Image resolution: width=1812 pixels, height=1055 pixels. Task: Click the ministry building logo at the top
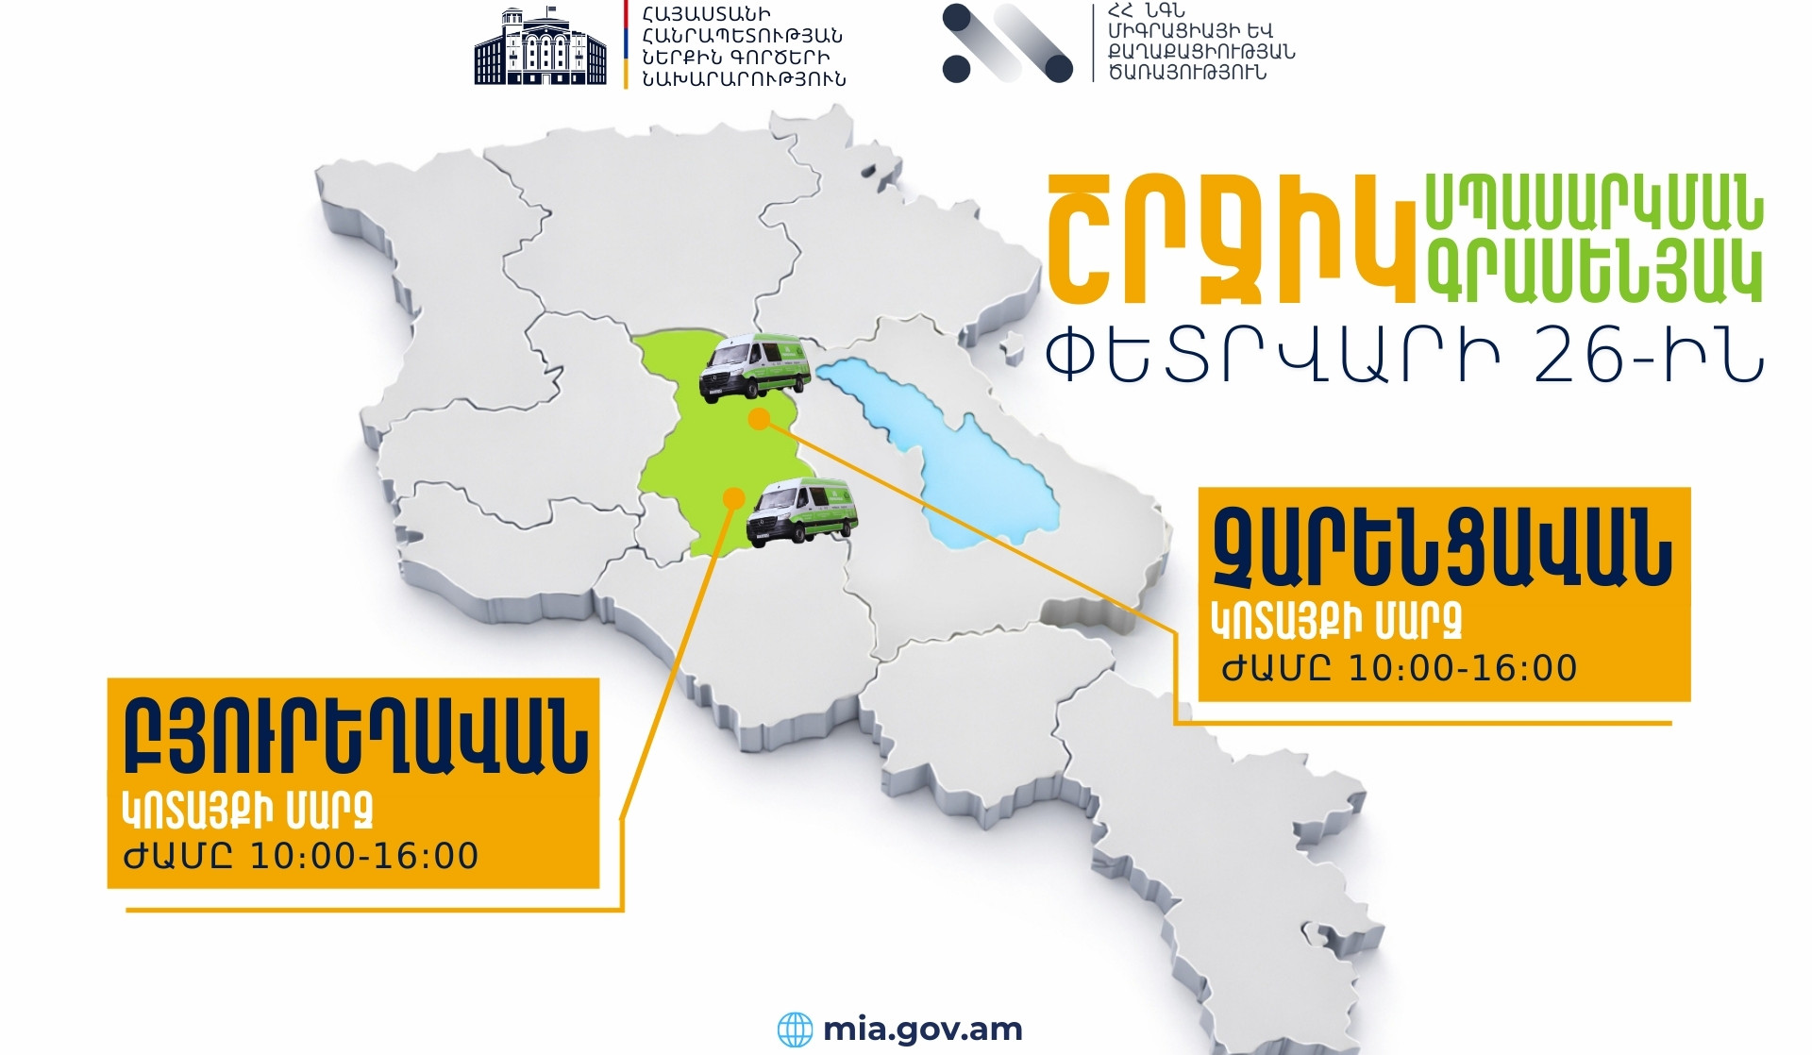click(540, 46)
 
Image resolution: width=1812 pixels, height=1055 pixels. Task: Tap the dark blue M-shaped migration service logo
click(1007, 43)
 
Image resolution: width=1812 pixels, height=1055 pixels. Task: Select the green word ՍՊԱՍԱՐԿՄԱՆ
click(1594, 203)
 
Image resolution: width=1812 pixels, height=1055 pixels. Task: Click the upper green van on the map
click(755, 368)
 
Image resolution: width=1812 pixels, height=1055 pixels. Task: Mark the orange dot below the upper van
click(759, 420)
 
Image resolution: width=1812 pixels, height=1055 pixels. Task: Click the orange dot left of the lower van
click(733, 497)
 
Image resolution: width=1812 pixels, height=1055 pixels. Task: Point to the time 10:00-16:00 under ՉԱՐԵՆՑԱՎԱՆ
click(1462, 668)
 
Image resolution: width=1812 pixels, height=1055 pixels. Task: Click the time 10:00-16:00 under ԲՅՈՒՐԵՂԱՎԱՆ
click(363, 856)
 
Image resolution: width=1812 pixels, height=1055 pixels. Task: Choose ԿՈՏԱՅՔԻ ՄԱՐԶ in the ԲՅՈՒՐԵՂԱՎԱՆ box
click(248, 809)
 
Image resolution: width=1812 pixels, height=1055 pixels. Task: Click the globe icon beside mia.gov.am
click(795, 1030)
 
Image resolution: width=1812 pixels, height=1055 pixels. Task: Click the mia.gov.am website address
click(922, 1029)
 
